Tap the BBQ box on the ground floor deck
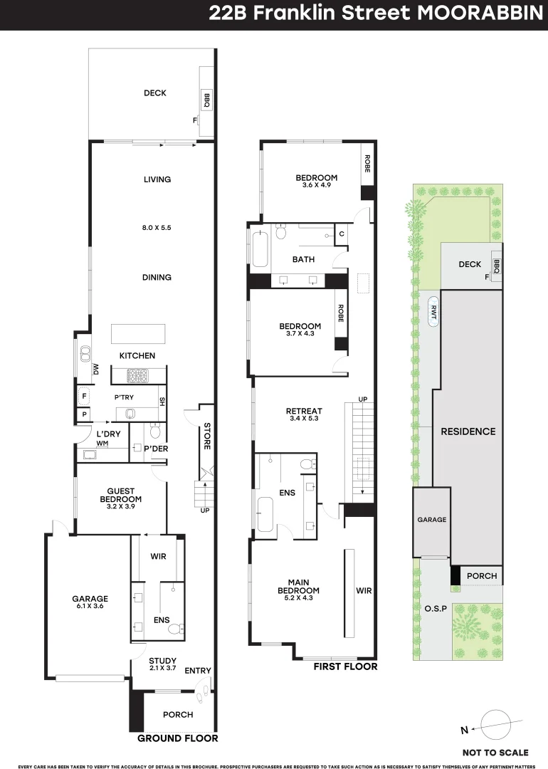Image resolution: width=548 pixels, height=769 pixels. (207, 101)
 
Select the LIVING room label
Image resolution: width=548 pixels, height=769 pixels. (157, 179)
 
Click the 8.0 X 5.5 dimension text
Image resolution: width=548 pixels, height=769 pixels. (157, 228)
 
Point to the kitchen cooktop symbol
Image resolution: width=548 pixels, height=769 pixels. (137, 375)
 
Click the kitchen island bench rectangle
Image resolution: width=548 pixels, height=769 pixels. (137, 334)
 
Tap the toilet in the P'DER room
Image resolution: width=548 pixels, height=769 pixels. (156, 431)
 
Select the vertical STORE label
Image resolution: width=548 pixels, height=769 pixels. (207, 437)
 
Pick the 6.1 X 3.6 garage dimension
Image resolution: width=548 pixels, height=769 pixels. (90, 606)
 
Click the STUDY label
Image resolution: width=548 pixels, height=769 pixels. (162, 661)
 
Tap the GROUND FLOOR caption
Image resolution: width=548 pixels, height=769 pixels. (177, 738)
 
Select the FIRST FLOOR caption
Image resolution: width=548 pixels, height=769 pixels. (345, 667)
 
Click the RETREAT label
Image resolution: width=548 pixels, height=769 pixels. (304, 411)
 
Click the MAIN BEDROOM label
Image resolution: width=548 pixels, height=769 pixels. (299, 587)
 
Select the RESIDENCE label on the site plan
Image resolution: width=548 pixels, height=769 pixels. (468, 431)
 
